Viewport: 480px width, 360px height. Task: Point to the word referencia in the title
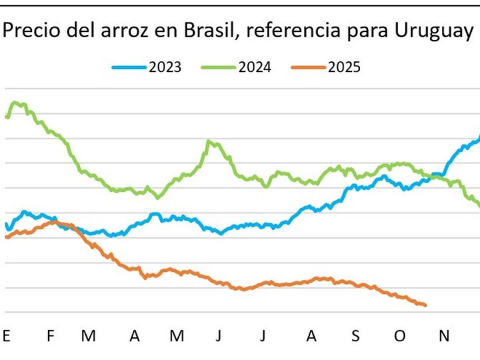(275, 30)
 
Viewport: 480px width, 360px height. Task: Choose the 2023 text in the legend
(165, 67)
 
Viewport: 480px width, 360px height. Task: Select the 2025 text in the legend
(344, 67)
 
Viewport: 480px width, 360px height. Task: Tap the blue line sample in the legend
(129, 67)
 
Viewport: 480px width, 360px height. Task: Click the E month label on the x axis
(7, 336)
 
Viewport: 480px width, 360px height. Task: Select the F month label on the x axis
(50, 336)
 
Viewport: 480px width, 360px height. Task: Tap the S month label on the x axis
(355, 336)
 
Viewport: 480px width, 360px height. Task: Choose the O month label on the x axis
(399, 336)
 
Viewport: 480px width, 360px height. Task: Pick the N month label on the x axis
(443, 336)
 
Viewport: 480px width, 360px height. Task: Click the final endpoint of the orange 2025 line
(425, 305)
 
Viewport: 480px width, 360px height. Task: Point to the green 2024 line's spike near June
(209, 141)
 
